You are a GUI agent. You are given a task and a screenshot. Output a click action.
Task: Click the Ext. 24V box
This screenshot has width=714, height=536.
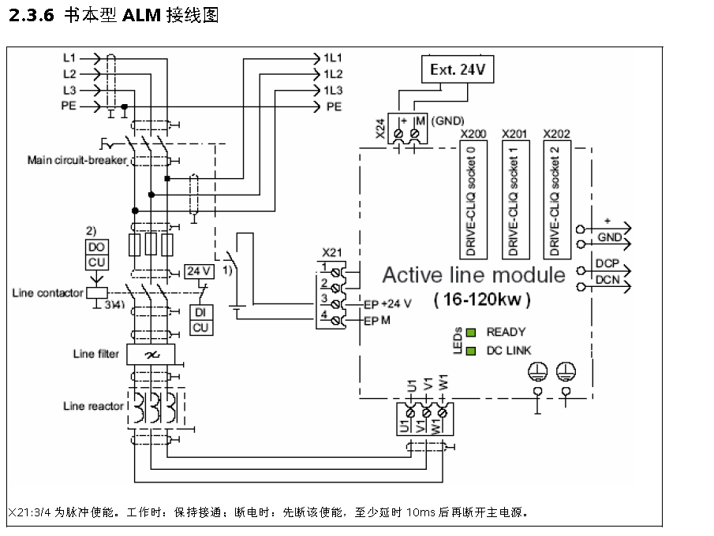pos(457,69)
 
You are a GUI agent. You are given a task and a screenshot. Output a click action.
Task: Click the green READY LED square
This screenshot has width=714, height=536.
pos(471,333)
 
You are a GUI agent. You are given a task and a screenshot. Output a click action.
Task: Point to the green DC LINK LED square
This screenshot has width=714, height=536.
pos(471,350)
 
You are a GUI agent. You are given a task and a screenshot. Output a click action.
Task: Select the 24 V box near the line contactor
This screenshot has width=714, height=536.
pos(199,270)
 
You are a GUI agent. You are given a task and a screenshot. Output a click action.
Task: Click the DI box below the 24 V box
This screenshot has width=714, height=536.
pos(200,312)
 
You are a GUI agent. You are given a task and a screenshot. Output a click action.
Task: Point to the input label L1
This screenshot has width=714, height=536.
pos(69,58)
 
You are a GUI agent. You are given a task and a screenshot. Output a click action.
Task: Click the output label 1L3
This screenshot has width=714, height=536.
pos(332,90)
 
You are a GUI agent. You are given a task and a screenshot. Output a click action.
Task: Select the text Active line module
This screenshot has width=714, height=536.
pos(473,275)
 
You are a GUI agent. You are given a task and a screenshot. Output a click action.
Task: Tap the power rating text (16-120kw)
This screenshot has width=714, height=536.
pos(482,300)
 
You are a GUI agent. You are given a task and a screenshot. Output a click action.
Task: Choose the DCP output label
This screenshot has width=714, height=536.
pos(607,263)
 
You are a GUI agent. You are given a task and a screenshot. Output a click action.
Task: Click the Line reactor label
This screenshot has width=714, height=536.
pos(94,406)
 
